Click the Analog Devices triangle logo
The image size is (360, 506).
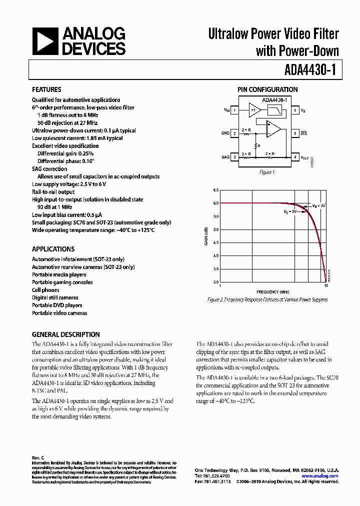45,40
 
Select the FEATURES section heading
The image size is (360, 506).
46,90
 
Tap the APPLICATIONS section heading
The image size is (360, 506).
53,249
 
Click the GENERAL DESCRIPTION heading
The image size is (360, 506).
65,334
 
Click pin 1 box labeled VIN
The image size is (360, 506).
234,109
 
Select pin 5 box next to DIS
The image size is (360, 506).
295,133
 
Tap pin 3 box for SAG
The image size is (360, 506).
234,157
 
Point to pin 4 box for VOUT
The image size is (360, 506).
295,157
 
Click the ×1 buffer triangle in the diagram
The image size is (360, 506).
254,109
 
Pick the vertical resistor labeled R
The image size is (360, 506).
255,145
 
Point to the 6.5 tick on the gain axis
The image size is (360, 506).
215,190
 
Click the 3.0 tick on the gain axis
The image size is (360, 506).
215,282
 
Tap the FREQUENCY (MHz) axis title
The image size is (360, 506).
273,291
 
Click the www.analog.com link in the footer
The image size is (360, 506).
324,476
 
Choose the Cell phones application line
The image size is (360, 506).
45,290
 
